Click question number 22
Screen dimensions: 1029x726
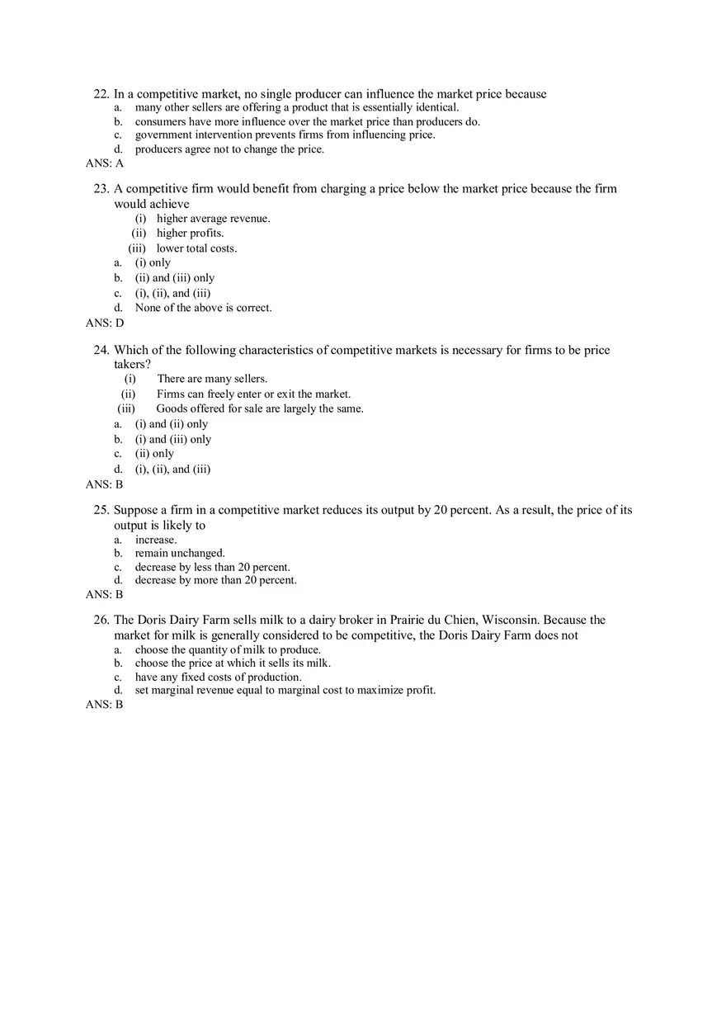(x=101, y=94)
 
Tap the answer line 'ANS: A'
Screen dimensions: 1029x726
(x=105, y=163)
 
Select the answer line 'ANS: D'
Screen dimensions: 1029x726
(x=105, y=323)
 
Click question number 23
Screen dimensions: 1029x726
(x=101, y=189)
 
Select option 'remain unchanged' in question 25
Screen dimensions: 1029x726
(x=180, y=553)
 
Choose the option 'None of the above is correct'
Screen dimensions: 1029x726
(x=203, y=308)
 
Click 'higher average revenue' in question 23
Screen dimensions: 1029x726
(x=213, y=219)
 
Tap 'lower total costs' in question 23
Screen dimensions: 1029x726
(x=196, y=248)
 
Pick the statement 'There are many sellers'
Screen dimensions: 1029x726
(x=212, y=379)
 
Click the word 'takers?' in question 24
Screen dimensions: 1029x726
(x=132, y=364)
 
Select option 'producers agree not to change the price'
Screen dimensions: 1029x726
(x=229, y=149)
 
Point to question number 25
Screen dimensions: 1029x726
(x=101, y=510)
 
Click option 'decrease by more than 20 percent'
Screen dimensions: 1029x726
(x=215, y=580)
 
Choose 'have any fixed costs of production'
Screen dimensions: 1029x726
(x=218, y=677)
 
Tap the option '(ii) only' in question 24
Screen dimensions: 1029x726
(x=154, y=454)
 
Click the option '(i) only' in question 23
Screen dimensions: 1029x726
(x=153, y=263)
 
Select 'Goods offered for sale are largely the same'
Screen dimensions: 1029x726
(x=260, y=408)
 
